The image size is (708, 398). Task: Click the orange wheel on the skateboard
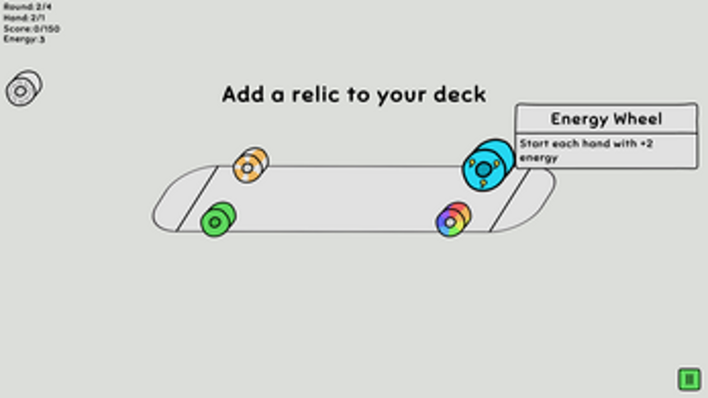pyautogui.click(x=250, y=166)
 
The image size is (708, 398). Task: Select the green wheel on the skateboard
pyautogui.click(x=217, y=220)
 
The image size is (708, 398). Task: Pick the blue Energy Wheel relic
pyautogui.click(x=487, y=165)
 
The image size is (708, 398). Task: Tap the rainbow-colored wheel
pyautogui.click(x=453, y=219)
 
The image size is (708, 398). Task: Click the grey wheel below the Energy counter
pyautogui.click(x=23, y=89)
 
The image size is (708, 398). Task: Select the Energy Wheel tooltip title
pyautogui.click(x=606, y=118)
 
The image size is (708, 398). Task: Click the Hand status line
pyautogui.click(x=24, y=18)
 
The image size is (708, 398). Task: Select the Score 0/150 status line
pyautogui.click(x=31, y=29)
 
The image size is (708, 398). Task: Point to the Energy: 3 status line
pyautogui.click(x=24, y=40)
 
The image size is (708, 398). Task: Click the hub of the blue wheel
pyautogui.click(x=482, y=169)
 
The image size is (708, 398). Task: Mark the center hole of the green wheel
pyautogui.click(x=215, y=223)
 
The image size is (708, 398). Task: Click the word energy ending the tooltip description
pyautogui.click(x=539, y=158)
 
